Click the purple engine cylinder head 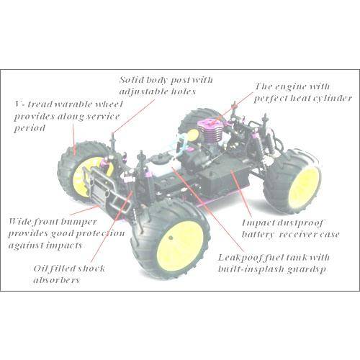[x=209, y=124]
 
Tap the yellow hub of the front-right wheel [x=180, y=243]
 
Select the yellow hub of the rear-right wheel [x=305, y=184]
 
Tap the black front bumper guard [x=106, y=189]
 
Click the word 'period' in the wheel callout [x=30, y=128]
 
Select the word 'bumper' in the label [x=78, y=222]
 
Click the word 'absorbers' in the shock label [x=56, y=280]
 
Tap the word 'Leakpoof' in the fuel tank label [x=238, y=258]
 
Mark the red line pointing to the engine [x=233, y=107]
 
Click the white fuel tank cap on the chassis [x=159, y=159]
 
